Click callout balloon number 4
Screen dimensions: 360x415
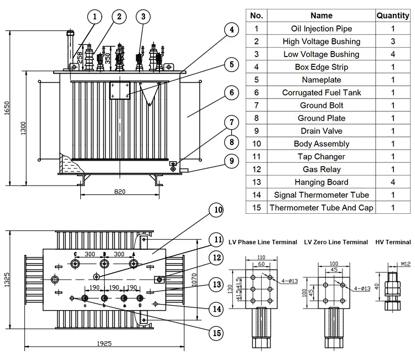(x=232, y=30)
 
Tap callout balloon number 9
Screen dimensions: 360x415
(x=232, y=161)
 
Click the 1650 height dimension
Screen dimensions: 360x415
(x=7, y=108)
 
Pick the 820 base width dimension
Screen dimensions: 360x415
(x=120, y=192)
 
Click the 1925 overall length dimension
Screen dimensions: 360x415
(x=105, y=343)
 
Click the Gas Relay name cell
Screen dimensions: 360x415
(x=321, y=169)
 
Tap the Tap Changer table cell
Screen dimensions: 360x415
(x=321, y=157)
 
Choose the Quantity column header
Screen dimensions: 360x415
(x=393, y=16)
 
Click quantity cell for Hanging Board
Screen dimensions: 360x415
(x=393, y=182)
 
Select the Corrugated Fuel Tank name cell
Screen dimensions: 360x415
(x=321, y=92)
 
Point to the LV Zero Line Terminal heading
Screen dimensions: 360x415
(x=336, y=242)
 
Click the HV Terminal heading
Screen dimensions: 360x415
(x=393, y=242)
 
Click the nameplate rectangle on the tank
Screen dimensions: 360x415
(x=120, y=89)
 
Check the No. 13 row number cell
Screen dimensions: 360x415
(x=256, y=182)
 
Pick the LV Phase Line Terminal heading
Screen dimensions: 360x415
(x=263, y=242)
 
